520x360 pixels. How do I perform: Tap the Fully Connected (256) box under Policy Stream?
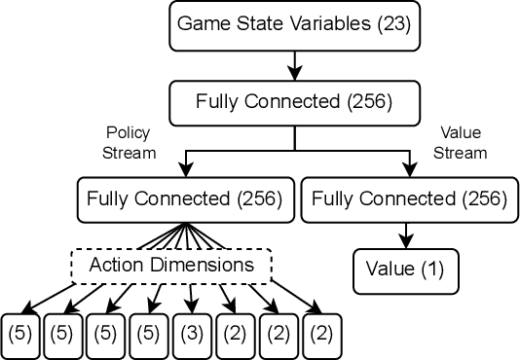[184, 199]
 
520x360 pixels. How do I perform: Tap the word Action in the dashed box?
[118, 264]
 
